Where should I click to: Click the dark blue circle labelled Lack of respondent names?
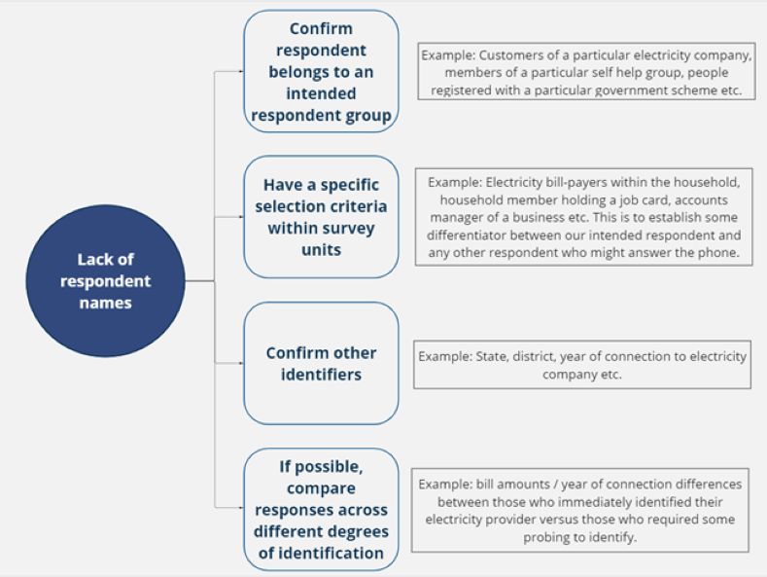(106, 280)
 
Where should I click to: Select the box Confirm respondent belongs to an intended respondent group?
(322, 71)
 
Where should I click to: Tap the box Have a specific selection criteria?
(322, 217)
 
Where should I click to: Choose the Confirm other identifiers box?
(322, 364)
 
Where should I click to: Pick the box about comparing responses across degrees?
(322, 510)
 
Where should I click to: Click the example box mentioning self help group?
(586, 71)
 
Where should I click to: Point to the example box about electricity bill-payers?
(584, 217)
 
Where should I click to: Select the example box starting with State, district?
(582, 365)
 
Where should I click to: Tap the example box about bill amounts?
(580, 511)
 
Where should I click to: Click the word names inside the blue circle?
(106, 303)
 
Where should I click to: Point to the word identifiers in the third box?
(322, 375)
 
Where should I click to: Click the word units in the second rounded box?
(322, 250)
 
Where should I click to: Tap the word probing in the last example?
(546, 538)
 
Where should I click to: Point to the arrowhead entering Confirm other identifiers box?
(241, 364)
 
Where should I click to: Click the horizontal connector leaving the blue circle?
(199, 281)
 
